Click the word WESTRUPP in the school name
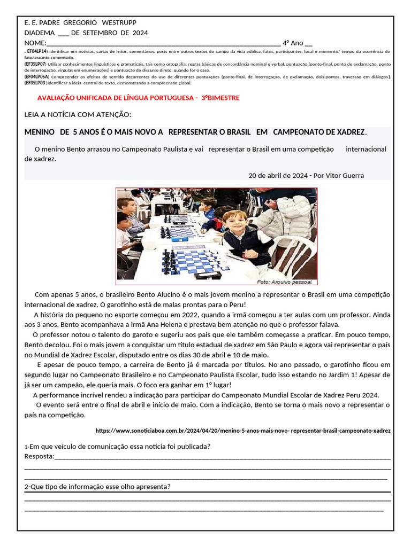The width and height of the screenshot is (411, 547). tap(119, 23)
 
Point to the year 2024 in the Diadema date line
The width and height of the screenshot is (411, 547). tap(139, 33)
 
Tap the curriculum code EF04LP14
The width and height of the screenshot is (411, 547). tap(37, 51)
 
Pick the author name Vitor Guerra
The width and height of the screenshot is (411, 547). tap(345, 175)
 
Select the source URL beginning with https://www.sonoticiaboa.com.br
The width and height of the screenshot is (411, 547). tap(242, 430)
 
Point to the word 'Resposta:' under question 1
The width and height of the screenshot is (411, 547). tap(40, 456)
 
